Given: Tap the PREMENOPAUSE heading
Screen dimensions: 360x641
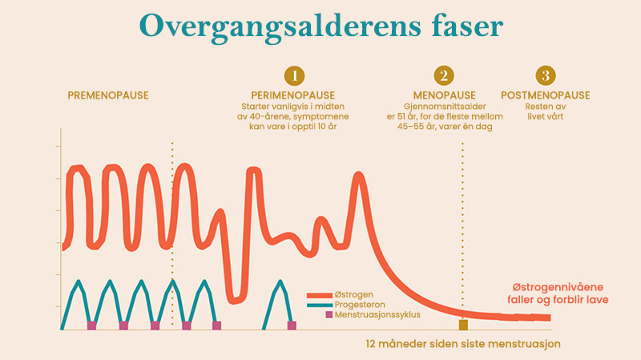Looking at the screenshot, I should pyautogui.click(x=108, y=95).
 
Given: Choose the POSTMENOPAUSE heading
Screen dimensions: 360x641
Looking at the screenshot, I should pyautogui.click(x=546, y=95).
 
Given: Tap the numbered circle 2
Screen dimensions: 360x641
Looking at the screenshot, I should pyautogui.click(x=442, y=75).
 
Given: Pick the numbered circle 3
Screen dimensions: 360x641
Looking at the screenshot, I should pyautogui.click(x=546, y=75).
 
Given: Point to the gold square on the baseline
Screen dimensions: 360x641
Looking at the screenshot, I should pyautogui.click(x=462, y=325).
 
